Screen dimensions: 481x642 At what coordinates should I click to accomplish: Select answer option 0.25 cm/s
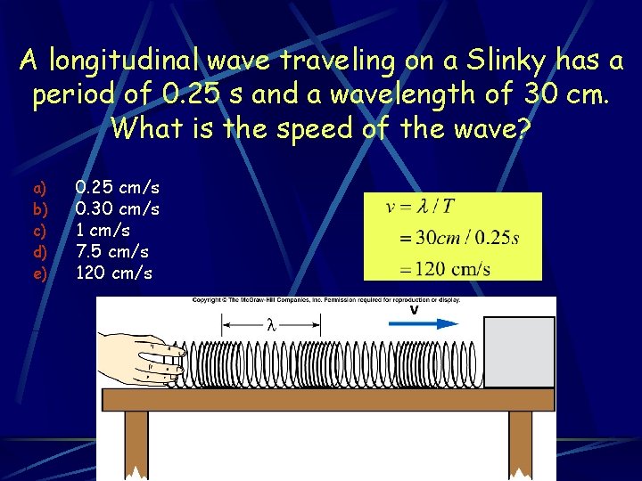[x=118, y=188]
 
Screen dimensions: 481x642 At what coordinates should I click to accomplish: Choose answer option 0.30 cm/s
[x=118, y=209]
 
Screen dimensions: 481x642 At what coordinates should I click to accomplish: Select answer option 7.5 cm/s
[x=112, y=252]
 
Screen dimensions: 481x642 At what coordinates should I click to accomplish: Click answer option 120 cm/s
[x=114, y=273]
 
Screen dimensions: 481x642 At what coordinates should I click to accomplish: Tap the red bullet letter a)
[x=39, y=189]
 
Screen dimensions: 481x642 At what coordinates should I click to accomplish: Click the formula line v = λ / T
[x=420, y=208]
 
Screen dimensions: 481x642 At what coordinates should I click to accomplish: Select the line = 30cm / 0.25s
[x=460, y=238]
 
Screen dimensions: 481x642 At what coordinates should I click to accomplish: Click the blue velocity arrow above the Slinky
[x=424, y=323]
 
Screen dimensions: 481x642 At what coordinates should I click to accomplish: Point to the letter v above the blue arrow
[x=414, y=310]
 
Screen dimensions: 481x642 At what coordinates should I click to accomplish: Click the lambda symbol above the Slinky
[x=271, y=325]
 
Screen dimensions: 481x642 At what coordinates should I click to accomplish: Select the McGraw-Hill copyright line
[x=326, y=301]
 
